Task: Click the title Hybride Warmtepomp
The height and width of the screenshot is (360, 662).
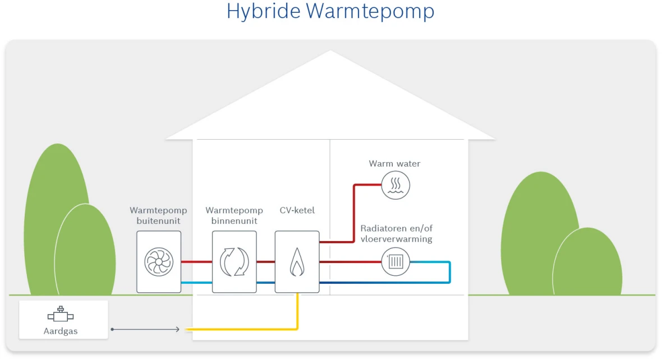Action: click(330, 11)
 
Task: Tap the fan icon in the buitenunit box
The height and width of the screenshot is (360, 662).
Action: click(159, 262)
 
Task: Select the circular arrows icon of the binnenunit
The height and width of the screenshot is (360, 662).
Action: click(234, 262)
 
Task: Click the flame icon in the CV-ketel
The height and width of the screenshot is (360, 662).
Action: click(297, 262)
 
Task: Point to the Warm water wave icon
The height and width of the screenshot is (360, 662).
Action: click(396, 185)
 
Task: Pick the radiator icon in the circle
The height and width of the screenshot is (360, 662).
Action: click(396, 262)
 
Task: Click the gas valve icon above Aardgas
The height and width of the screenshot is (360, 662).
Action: click(61, 315)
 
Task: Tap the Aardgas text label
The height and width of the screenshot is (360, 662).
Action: click(61, 331)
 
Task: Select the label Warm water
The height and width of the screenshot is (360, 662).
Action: click(394, 164)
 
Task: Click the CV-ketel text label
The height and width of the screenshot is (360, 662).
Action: click(297, 211)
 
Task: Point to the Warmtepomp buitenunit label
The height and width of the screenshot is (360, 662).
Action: click(158, 216)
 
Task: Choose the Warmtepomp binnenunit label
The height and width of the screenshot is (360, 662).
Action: click(234, 216)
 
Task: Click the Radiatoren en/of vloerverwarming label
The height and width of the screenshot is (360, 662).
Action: click(397, 234)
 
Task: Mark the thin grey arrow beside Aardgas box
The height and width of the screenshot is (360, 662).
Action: click(146, 329)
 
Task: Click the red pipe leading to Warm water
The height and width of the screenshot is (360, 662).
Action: click(355, 213)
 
